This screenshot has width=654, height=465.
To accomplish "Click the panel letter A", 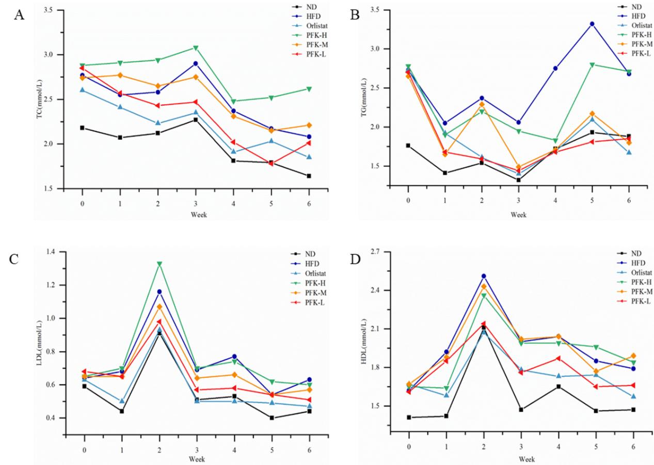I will (19, 15).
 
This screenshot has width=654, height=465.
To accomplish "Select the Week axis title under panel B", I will (518, 214).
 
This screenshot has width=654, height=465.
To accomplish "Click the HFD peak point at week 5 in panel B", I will (592, 24).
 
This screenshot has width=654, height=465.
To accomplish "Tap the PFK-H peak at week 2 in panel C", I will (159, 264).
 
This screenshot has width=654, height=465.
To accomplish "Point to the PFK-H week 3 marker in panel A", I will (196, 47).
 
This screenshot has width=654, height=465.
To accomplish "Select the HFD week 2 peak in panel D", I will (484, 276).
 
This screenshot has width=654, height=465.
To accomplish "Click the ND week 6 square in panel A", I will (309, 176).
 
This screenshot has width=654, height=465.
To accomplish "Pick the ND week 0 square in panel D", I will (409, 418).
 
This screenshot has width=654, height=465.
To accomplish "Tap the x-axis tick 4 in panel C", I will (234, 449).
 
